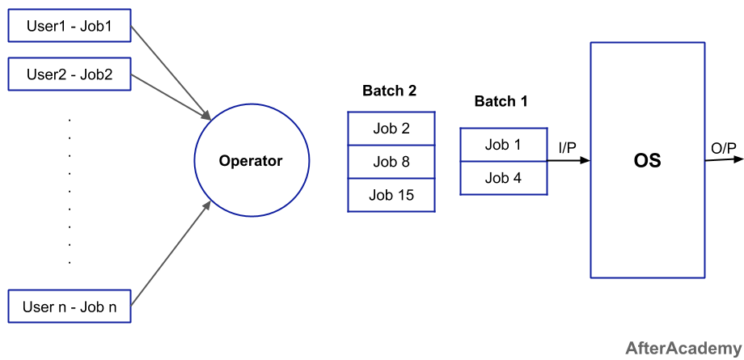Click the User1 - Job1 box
(70, 26)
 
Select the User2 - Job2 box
(70, 74)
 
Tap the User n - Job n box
(70, 307)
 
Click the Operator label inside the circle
(251, 161)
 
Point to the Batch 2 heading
(389, 91)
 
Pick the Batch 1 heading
(501, 101)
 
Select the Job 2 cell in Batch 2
(391, 129)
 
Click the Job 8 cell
(391, 162)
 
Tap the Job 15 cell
(391, 195)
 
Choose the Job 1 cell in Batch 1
(504, 144)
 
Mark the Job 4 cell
(504, 178)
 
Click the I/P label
(567, 148)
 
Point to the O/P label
(724, 149)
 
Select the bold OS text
(647, 160)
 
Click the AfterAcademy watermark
(683, 348)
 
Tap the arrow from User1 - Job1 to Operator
(171, 73)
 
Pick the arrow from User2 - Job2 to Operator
(171, 97)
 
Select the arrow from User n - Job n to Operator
(171, 252)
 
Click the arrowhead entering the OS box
(585, 160)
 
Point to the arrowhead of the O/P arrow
(738, 159)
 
